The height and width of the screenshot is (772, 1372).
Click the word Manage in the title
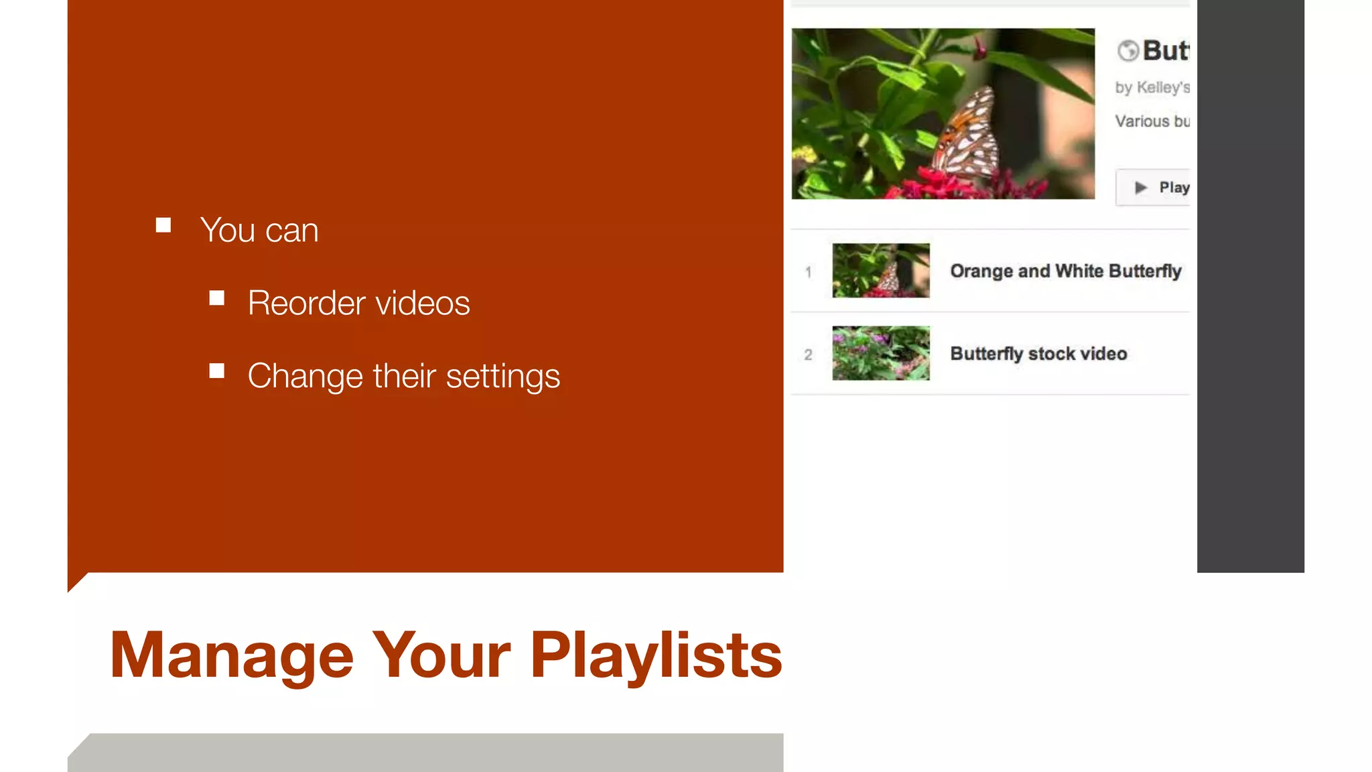[x=231, y=655]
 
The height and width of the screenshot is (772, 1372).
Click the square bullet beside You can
[x=163, y=225]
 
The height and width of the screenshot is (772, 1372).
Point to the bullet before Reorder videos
[x=216, y=298]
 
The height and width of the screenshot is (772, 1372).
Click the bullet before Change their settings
[x=216, y=371]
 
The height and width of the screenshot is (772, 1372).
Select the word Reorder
[x=307, y=303]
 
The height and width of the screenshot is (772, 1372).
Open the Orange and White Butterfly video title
[x=1065, y=271]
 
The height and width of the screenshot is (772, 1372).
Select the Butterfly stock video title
[x=1038, y=354]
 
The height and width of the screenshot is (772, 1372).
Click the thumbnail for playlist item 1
[x=880, y=270]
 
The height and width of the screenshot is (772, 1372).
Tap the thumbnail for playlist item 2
[x=880, y=353]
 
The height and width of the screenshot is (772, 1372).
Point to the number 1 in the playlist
[x=809, y=272]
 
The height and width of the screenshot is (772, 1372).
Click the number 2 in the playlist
[x=809, y=355]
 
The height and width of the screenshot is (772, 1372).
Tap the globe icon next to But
[x=1128, y=50]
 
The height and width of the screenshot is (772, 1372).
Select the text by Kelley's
[x=1152, y=87]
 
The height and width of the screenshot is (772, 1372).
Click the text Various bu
[x=1152, y=121]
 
